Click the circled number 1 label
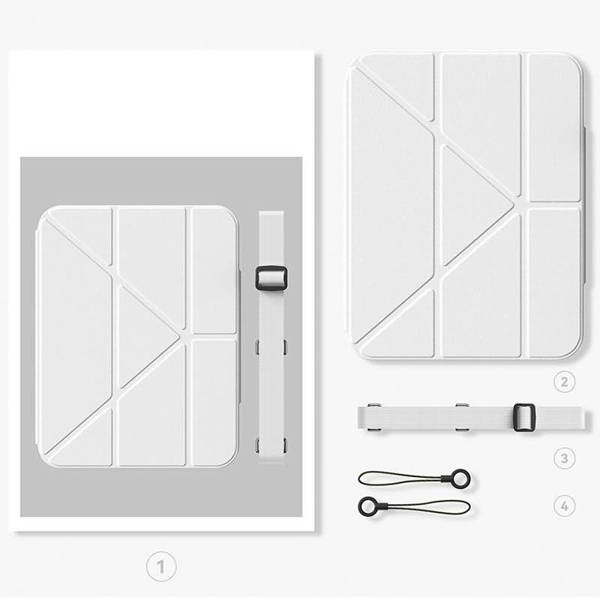click(161, 566)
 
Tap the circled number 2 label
click(565, 381)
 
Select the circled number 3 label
click(565, 457)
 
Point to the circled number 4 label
click(565, 505)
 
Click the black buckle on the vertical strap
click(271, 278)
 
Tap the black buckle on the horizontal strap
click(524, 418)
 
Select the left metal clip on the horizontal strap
click(373, 418)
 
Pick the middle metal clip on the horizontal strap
click(462, 418)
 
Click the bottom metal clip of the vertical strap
click(271, 445)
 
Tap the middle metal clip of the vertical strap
click(271, 346)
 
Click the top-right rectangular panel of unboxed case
click(554, 127)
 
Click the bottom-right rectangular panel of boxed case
click(214, 403)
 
